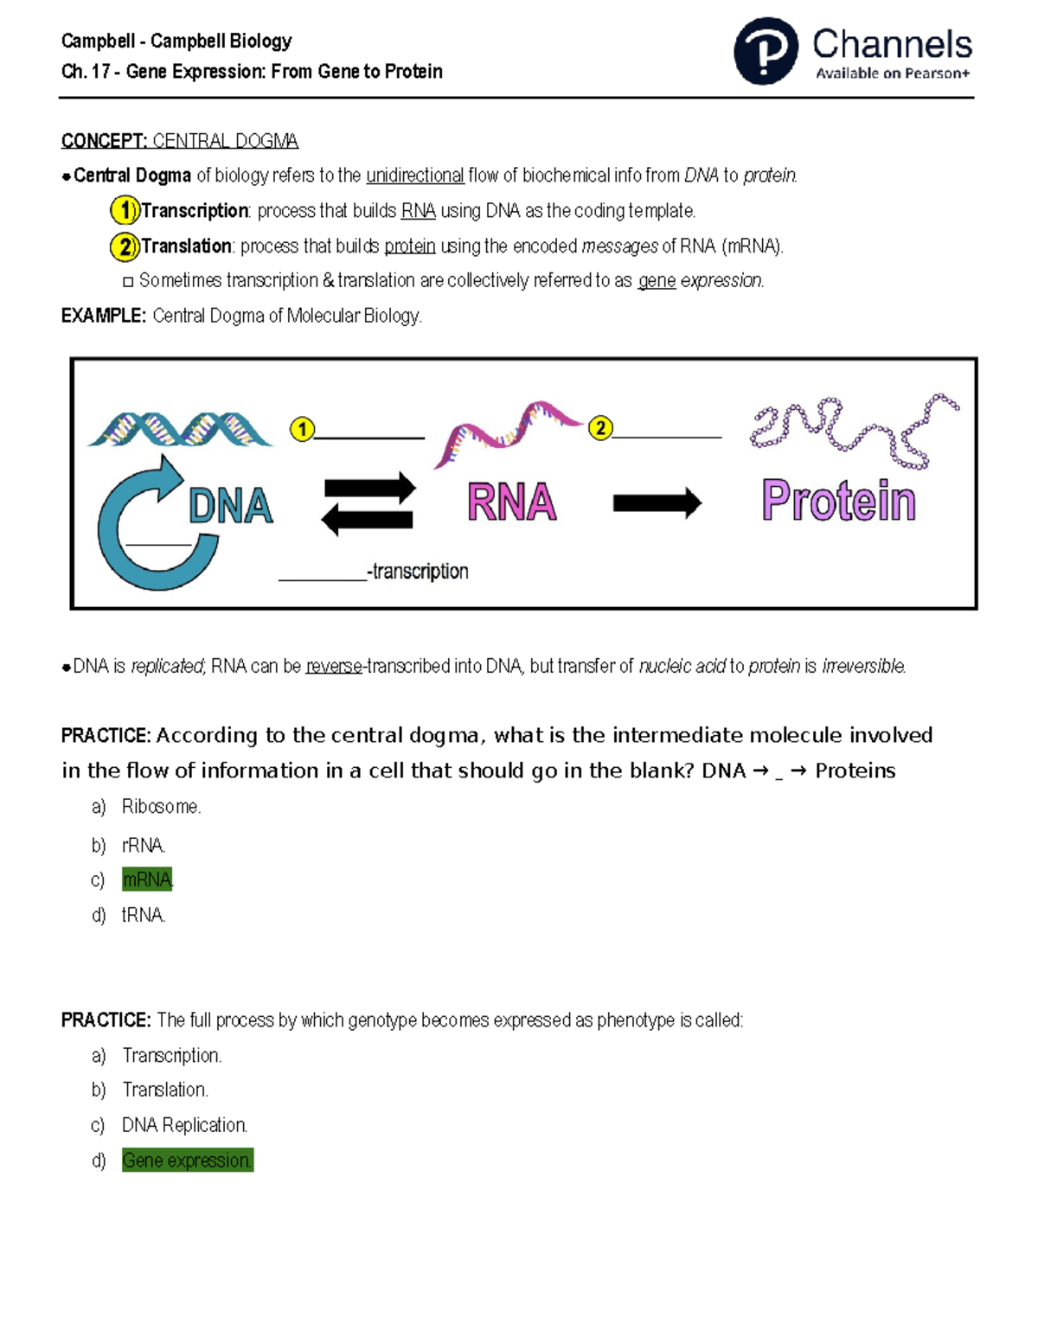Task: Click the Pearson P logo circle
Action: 766,51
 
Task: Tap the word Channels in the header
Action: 892,44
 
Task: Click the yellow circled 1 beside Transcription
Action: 125,210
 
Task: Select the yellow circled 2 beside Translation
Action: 125,246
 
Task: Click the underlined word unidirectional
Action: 415,176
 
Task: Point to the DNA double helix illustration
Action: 180,429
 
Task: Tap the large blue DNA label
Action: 230,506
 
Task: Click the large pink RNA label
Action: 511,502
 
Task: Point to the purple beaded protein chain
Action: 852,430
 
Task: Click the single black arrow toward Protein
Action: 657,502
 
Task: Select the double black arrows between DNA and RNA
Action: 368,503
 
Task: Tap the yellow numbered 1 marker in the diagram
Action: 302,429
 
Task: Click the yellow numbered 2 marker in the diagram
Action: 600,428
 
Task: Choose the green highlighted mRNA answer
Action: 147,879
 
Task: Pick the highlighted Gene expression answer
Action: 187,1161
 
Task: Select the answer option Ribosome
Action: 161,807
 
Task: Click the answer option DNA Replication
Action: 184,1125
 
